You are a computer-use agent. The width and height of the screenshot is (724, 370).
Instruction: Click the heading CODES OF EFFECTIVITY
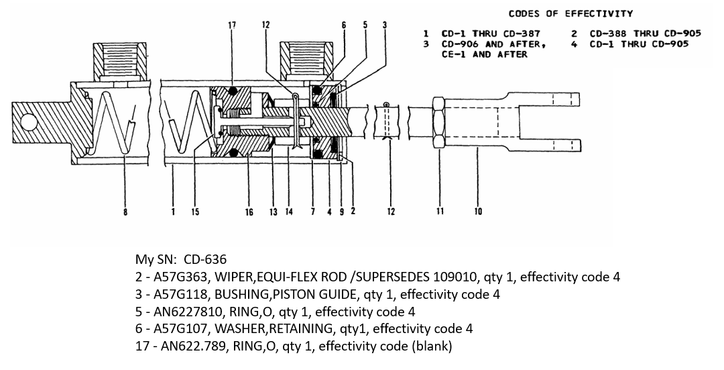(570, 13)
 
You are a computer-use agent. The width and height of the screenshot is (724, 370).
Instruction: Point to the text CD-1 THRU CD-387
(490, 33)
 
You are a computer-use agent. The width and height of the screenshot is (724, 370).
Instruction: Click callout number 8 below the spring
(125, 212)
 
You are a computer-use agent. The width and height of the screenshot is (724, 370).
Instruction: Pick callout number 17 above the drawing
(232, 26)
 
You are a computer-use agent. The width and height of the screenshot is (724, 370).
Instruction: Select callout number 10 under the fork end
(477, 212)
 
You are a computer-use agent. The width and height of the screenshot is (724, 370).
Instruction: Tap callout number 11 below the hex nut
(440, 212)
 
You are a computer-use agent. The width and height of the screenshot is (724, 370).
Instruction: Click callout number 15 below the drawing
(195, 212)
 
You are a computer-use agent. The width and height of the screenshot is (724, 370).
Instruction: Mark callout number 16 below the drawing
(249, 212)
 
